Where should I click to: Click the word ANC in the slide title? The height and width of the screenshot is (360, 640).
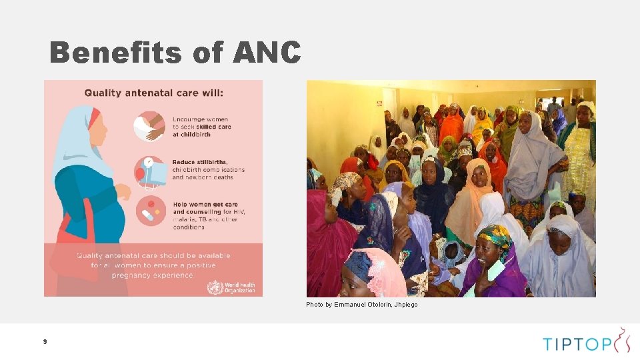click(x=267, y=53)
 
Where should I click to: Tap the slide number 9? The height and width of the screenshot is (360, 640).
click(x=45, y=341)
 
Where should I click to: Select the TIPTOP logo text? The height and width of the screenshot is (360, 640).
click(x=576, y=344)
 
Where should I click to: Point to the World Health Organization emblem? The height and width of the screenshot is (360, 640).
click(x=215, y=288)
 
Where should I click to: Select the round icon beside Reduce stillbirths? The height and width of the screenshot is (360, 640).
click(x=149, y=171)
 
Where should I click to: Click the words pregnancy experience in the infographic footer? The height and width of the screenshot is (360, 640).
click(x=153, y=275)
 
